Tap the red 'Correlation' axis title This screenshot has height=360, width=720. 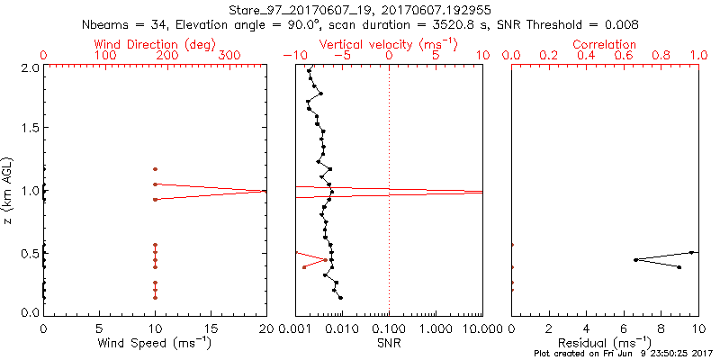604,44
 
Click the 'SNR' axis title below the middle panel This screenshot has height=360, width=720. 389,342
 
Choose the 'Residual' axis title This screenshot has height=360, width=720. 604,342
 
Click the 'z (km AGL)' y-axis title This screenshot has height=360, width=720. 10,190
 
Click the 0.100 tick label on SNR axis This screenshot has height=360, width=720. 389,328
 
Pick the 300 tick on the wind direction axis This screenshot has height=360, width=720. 229,56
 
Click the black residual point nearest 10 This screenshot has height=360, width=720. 692,252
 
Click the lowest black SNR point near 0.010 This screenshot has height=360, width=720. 341,298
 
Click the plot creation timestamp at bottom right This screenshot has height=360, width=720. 623,354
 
